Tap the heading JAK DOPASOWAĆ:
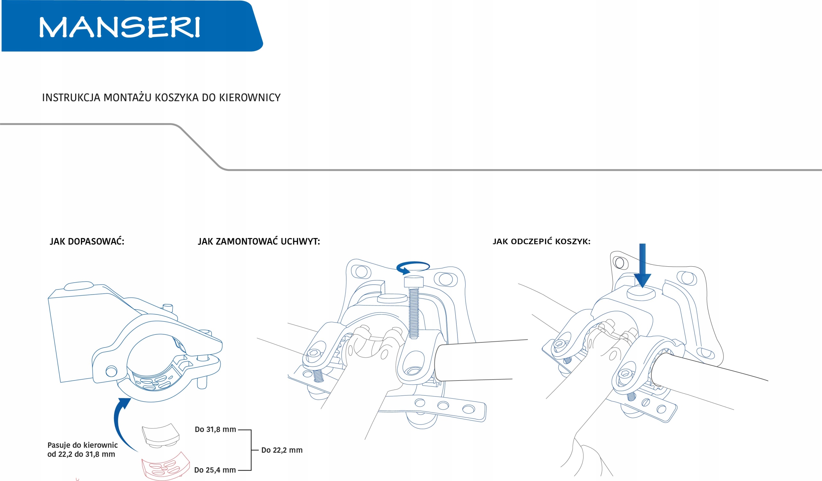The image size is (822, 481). pos(87,242)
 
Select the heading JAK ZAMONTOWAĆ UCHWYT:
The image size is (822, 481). pos(259,242)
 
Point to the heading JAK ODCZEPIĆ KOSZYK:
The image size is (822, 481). pos(541,242)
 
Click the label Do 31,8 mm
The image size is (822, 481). pos(215,430)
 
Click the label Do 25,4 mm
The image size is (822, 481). pos(214,470)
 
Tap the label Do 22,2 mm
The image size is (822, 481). pos(282,450)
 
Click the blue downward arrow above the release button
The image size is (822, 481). pos(642,266)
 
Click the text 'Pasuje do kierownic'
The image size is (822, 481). pos(83,445)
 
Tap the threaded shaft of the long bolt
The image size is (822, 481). pos(414,313)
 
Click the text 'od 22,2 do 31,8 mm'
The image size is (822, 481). pos(81,454)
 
